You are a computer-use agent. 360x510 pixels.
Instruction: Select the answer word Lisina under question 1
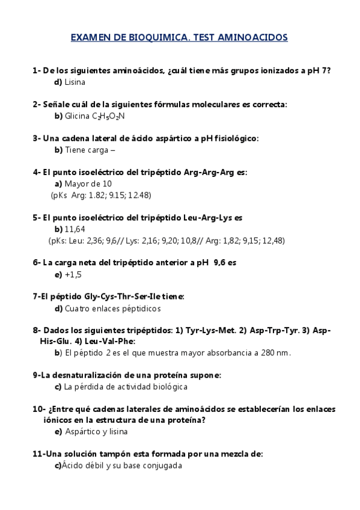point(75,82)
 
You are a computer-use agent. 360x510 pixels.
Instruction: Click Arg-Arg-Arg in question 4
point(212,172)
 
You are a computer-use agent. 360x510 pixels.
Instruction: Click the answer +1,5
point(73,274)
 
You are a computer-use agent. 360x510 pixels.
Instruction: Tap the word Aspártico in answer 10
point(83,431)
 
